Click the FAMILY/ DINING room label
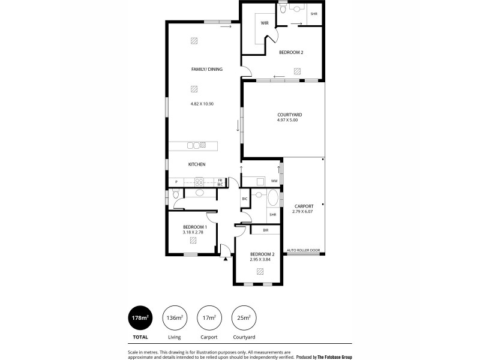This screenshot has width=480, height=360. click(x=206, y=70)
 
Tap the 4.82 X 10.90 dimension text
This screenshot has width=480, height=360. click(x=202, y=104)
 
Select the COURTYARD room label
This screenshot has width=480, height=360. click(x=289, y=115)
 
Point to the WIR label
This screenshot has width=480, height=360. click(x=264, y=23)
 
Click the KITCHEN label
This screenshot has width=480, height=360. click(x=197, y=164)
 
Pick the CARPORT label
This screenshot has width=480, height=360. click(x=304, y=205)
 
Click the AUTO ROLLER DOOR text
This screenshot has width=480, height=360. click(x=304, y=250)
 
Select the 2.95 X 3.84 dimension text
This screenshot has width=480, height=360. click(x=261, y=259)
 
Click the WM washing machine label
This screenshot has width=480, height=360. click(x=274, y=181)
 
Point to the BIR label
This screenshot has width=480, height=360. click(x=265, y=230)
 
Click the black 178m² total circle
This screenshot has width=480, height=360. click(x=139, y=318)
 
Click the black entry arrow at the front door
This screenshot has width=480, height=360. click(x=225, y=259)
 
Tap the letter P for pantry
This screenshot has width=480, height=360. click(x=176, y=181)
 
